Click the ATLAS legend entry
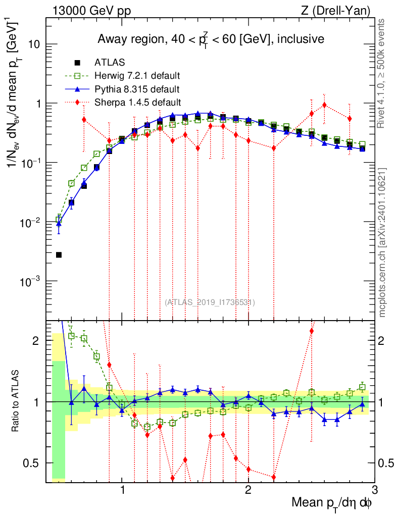point(107,63)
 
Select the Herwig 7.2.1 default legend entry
point(137,76)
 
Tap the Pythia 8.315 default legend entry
point(137,90)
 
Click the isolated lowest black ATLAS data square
point(59,255)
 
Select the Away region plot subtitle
point(211,38)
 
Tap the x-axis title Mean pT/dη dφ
point(332,502)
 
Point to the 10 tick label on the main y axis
point(33,44)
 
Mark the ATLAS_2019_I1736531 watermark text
point(210,302)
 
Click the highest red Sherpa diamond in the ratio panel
point(312,331)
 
